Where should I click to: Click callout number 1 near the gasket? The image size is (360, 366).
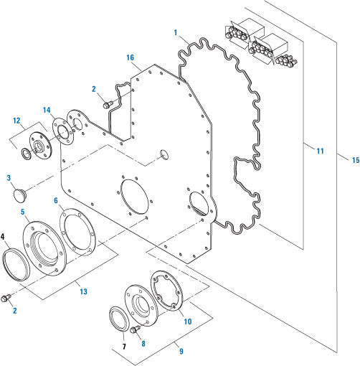pyautogui.click(x=175, y=33)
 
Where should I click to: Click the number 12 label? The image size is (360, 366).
pyautogui.click(x=16, y=121)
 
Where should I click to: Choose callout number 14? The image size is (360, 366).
pyautogui.click(x=47, y=111)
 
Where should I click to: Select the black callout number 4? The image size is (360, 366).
pyautogui.click(x=4, y=236)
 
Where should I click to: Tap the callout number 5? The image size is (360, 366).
pyautogui.click(x=23, y=212)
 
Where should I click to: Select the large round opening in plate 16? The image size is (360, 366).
pyautogui.click(x=134, y=196)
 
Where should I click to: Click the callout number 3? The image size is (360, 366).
pyautogui.click(x=9, y=177)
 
